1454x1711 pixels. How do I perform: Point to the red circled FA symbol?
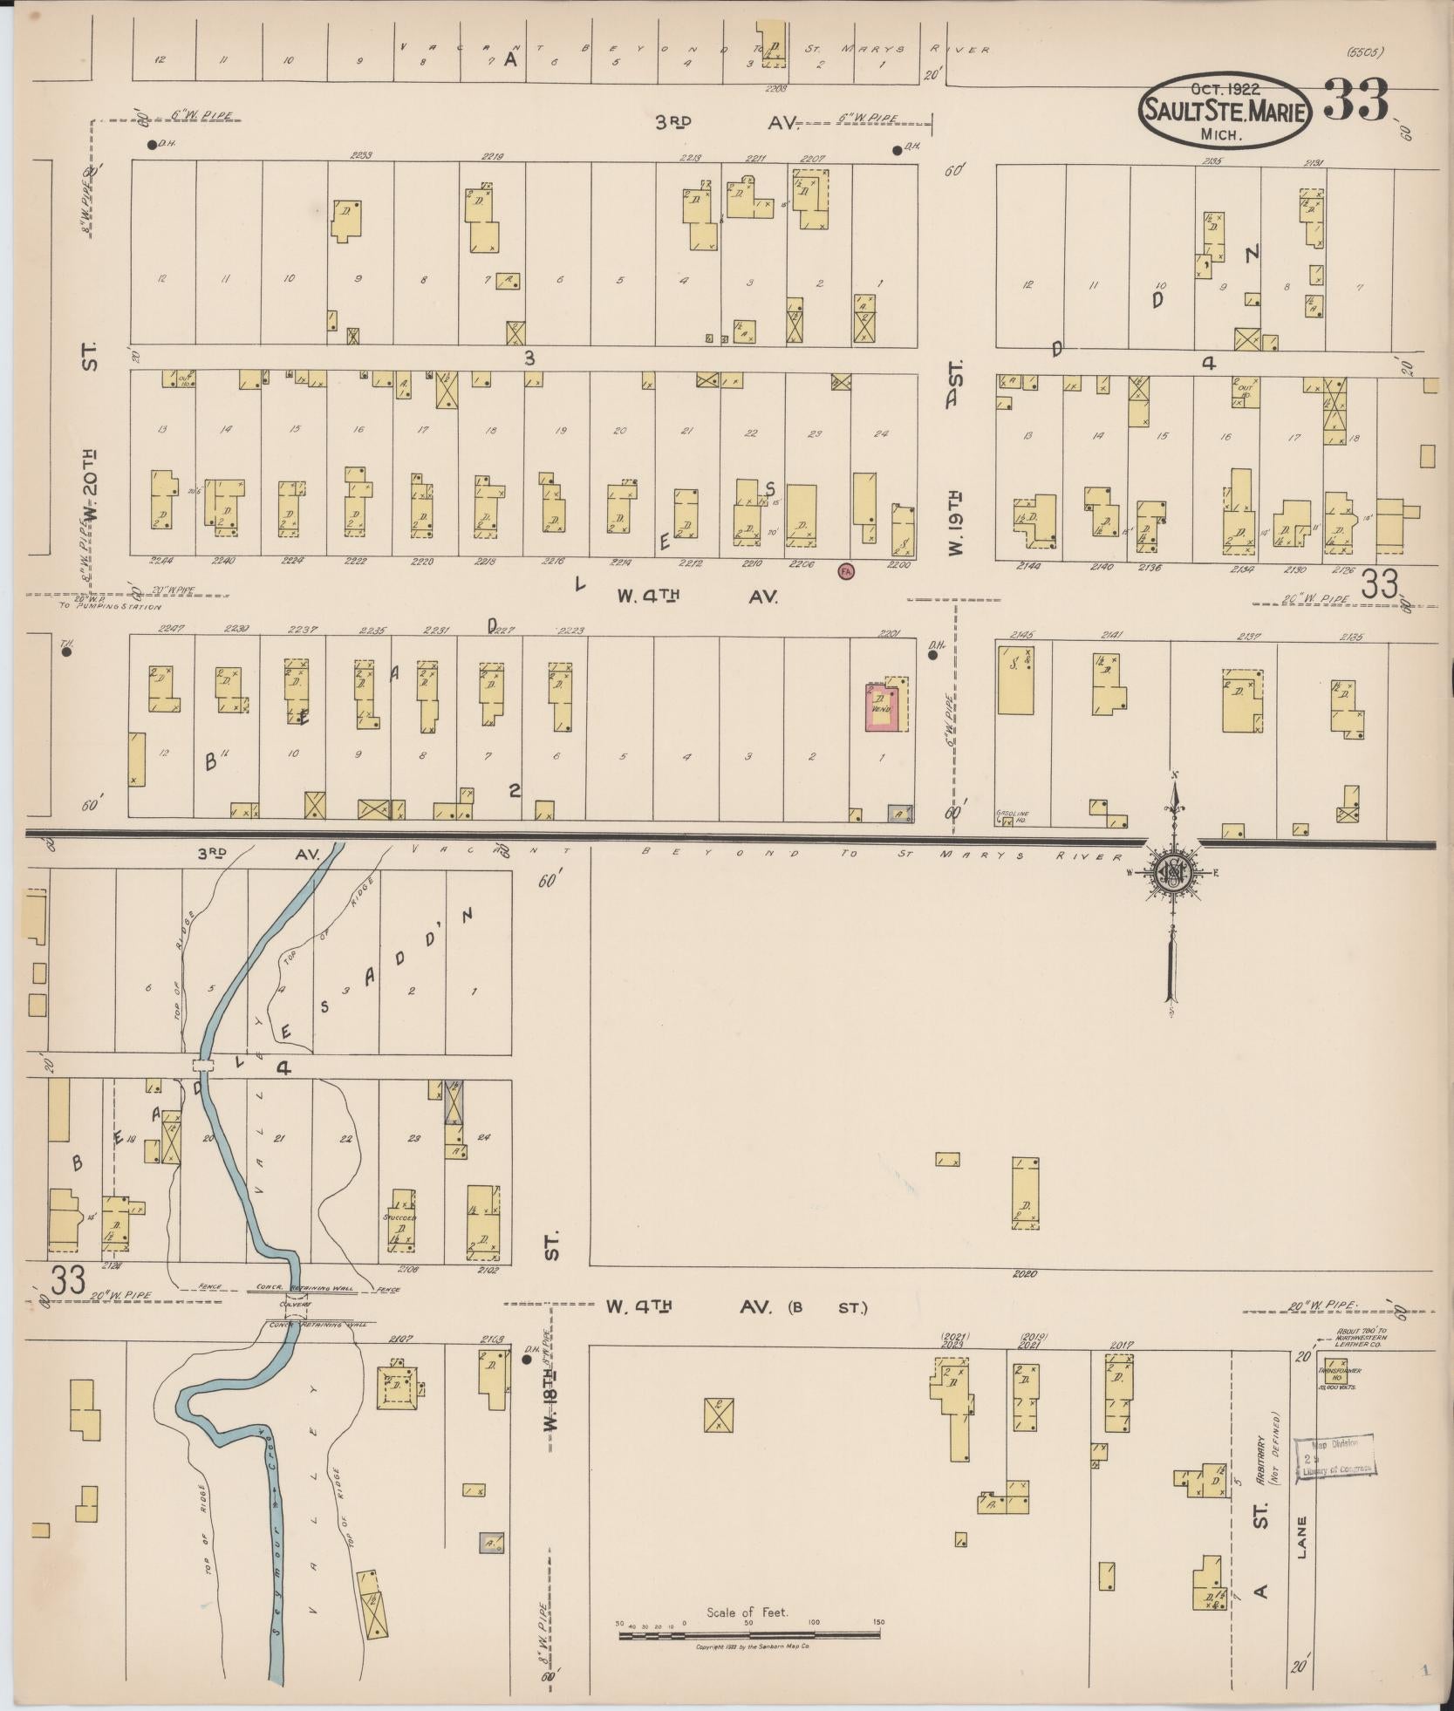tap(844, 571)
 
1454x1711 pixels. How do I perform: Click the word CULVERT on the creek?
tap(295, 1305)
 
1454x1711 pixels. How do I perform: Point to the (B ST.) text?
tap(828, 1307)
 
